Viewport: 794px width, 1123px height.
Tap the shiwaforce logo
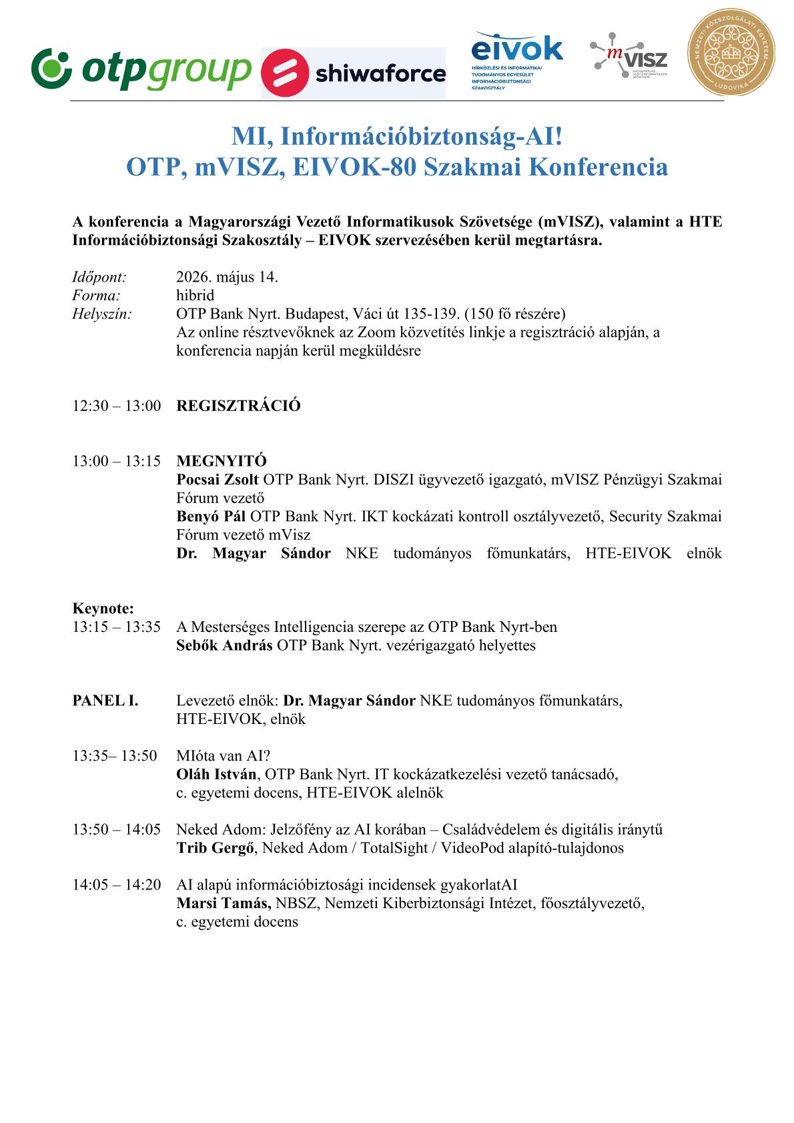[x=352, y=73]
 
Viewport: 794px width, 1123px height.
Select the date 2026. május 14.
[x=227, y=277]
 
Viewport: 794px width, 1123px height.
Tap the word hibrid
[x=195, y=295]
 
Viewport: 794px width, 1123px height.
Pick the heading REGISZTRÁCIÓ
[x=238, y=406]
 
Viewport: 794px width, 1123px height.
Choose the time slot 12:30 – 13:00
[x=117, y=406]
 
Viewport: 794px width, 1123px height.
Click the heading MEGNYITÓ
[x=222, y=460]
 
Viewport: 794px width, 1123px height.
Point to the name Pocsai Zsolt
[x=218, y=479]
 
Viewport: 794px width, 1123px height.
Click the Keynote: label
[x=103, y=609]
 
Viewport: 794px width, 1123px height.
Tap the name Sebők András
[x=224, y=645]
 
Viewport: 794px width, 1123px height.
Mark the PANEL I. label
[x=105, y=701]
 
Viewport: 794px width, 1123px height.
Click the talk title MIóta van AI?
[x=223, y=756]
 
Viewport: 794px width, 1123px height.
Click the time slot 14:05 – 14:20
[x=117, y=885]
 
